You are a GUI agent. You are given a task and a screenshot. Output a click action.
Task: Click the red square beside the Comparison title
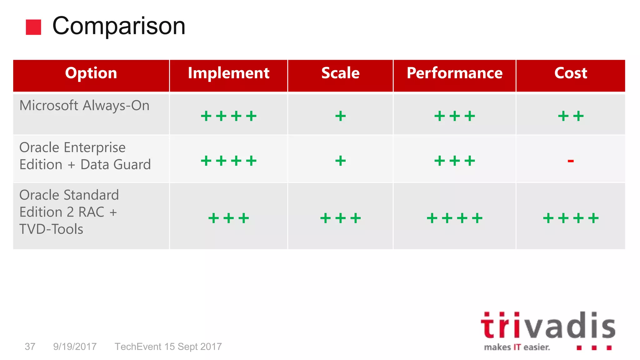(x=33, y=27)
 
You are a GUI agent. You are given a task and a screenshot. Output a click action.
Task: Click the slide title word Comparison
(x=119, y=26)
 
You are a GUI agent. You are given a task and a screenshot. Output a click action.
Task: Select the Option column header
(x=91, y=73)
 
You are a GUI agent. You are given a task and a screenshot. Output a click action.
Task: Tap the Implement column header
(x=228, y=73)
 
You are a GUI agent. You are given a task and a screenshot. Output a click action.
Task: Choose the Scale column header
(x=340, y=73)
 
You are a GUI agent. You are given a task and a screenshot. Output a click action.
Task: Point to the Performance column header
(x=454, y=73)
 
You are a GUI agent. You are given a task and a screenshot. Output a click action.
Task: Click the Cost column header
(x=571, y=73)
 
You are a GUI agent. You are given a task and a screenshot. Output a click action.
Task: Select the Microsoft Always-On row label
(x=84, y=106)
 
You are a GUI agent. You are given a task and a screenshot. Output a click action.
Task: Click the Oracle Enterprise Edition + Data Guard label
(x=85, y=156)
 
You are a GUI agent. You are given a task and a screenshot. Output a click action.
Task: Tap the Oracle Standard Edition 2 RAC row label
(x=69, y=212)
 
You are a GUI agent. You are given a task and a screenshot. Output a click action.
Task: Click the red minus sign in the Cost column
(x=571, y=161)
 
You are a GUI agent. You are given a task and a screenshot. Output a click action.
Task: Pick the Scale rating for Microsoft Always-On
(x=340, y=116)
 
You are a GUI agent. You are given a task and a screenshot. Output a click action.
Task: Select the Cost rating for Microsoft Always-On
(x=571, y=116)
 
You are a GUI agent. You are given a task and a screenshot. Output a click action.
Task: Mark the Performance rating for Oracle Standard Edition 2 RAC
(x=454, y=218)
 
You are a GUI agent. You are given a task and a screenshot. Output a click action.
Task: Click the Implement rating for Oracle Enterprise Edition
(x=228, y=161)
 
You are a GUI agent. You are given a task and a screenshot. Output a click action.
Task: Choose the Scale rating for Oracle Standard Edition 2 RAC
(x=340, y=218)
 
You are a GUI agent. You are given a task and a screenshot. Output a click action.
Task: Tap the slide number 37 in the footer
(x=30, y=347)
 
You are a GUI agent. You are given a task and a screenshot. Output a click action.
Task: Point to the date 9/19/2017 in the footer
(x=75, y=347)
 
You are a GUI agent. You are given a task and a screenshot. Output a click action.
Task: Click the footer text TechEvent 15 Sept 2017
(x=168, y=347)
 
